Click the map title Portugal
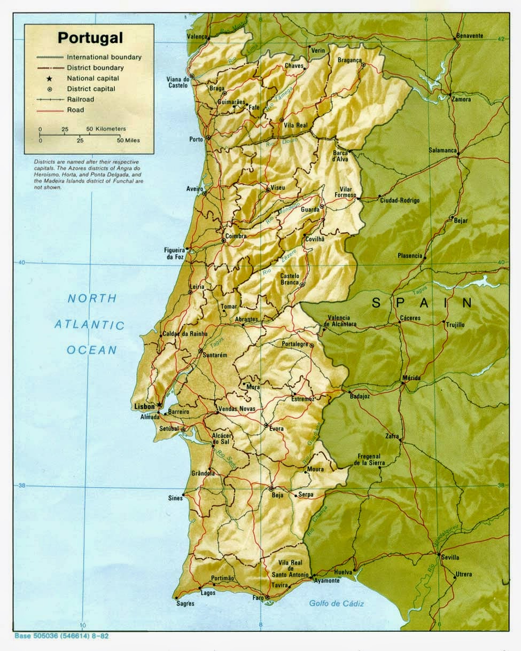pos(90,38)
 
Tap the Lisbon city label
pos(143,406)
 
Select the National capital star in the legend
pos(49,79)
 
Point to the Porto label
pos(196,139)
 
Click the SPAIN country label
pos(422,303)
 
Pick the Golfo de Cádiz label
pos(337,603)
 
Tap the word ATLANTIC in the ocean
pos(89,325)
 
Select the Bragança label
pos(349,60)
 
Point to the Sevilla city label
pos(450,557)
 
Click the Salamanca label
pos(443,150)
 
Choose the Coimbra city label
pos(236,236)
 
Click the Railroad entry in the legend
pos(80,99)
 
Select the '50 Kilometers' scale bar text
pos(106,129)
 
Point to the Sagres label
pos(185,603)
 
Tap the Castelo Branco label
pos(290,279)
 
